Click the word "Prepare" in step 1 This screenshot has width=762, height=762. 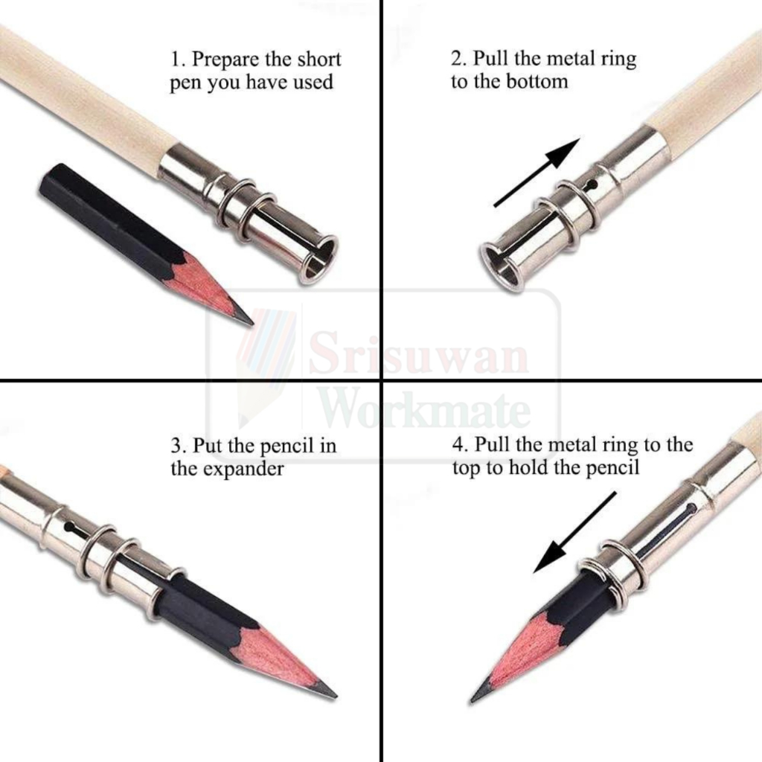click(225, 60)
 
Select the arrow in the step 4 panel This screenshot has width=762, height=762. click(575, 533)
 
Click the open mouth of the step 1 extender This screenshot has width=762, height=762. click(319, 259)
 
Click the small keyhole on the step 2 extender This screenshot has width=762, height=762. click(591, 185)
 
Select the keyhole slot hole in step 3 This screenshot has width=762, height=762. click(70, 528)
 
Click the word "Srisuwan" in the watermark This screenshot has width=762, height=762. click(418, 351)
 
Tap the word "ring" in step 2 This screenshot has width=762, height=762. click(618, 60)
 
